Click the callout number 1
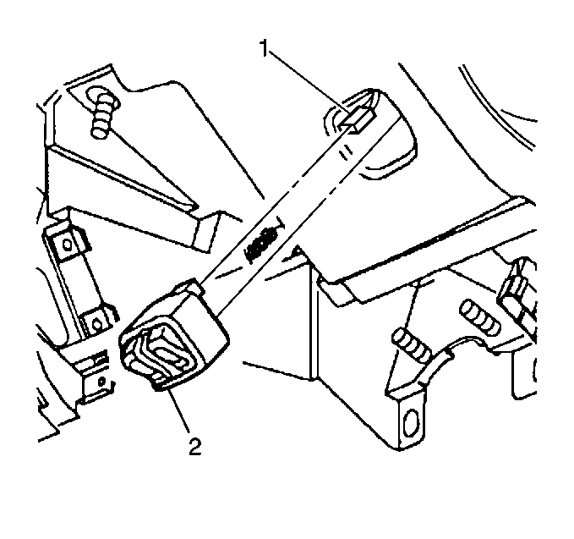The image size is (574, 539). (265, 48)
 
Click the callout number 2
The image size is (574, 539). (195, 446)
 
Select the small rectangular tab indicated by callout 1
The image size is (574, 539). (358, 119)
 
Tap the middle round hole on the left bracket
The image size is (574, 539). (96, 325)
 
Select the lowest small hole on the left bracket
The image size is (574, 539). (101, 382)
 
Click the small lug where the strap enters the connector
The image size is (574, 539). (191, 286)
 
